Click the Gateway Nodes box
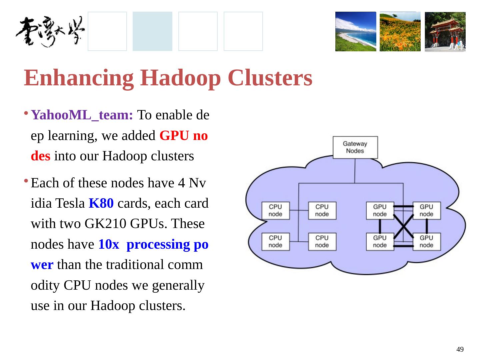[355, 147]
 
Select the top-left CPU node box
[275, 210]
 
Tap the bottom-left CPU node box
[275, 241]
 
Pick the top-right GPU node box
[426, 210]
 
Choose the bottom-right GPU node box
[426, 241]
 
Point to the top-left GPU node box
[380, 210]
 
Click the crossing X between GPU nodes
[403, 226]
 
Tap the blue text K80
[101, 203]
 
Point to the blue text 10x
[109, 245]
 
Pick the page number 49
[460, 349]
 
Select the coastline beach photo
[355, 32]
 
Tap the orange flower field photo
[400, 32]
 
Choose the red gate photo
[445, 32]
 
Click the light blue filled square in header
[152, 31]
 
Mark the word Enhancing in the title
[79, 78]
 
